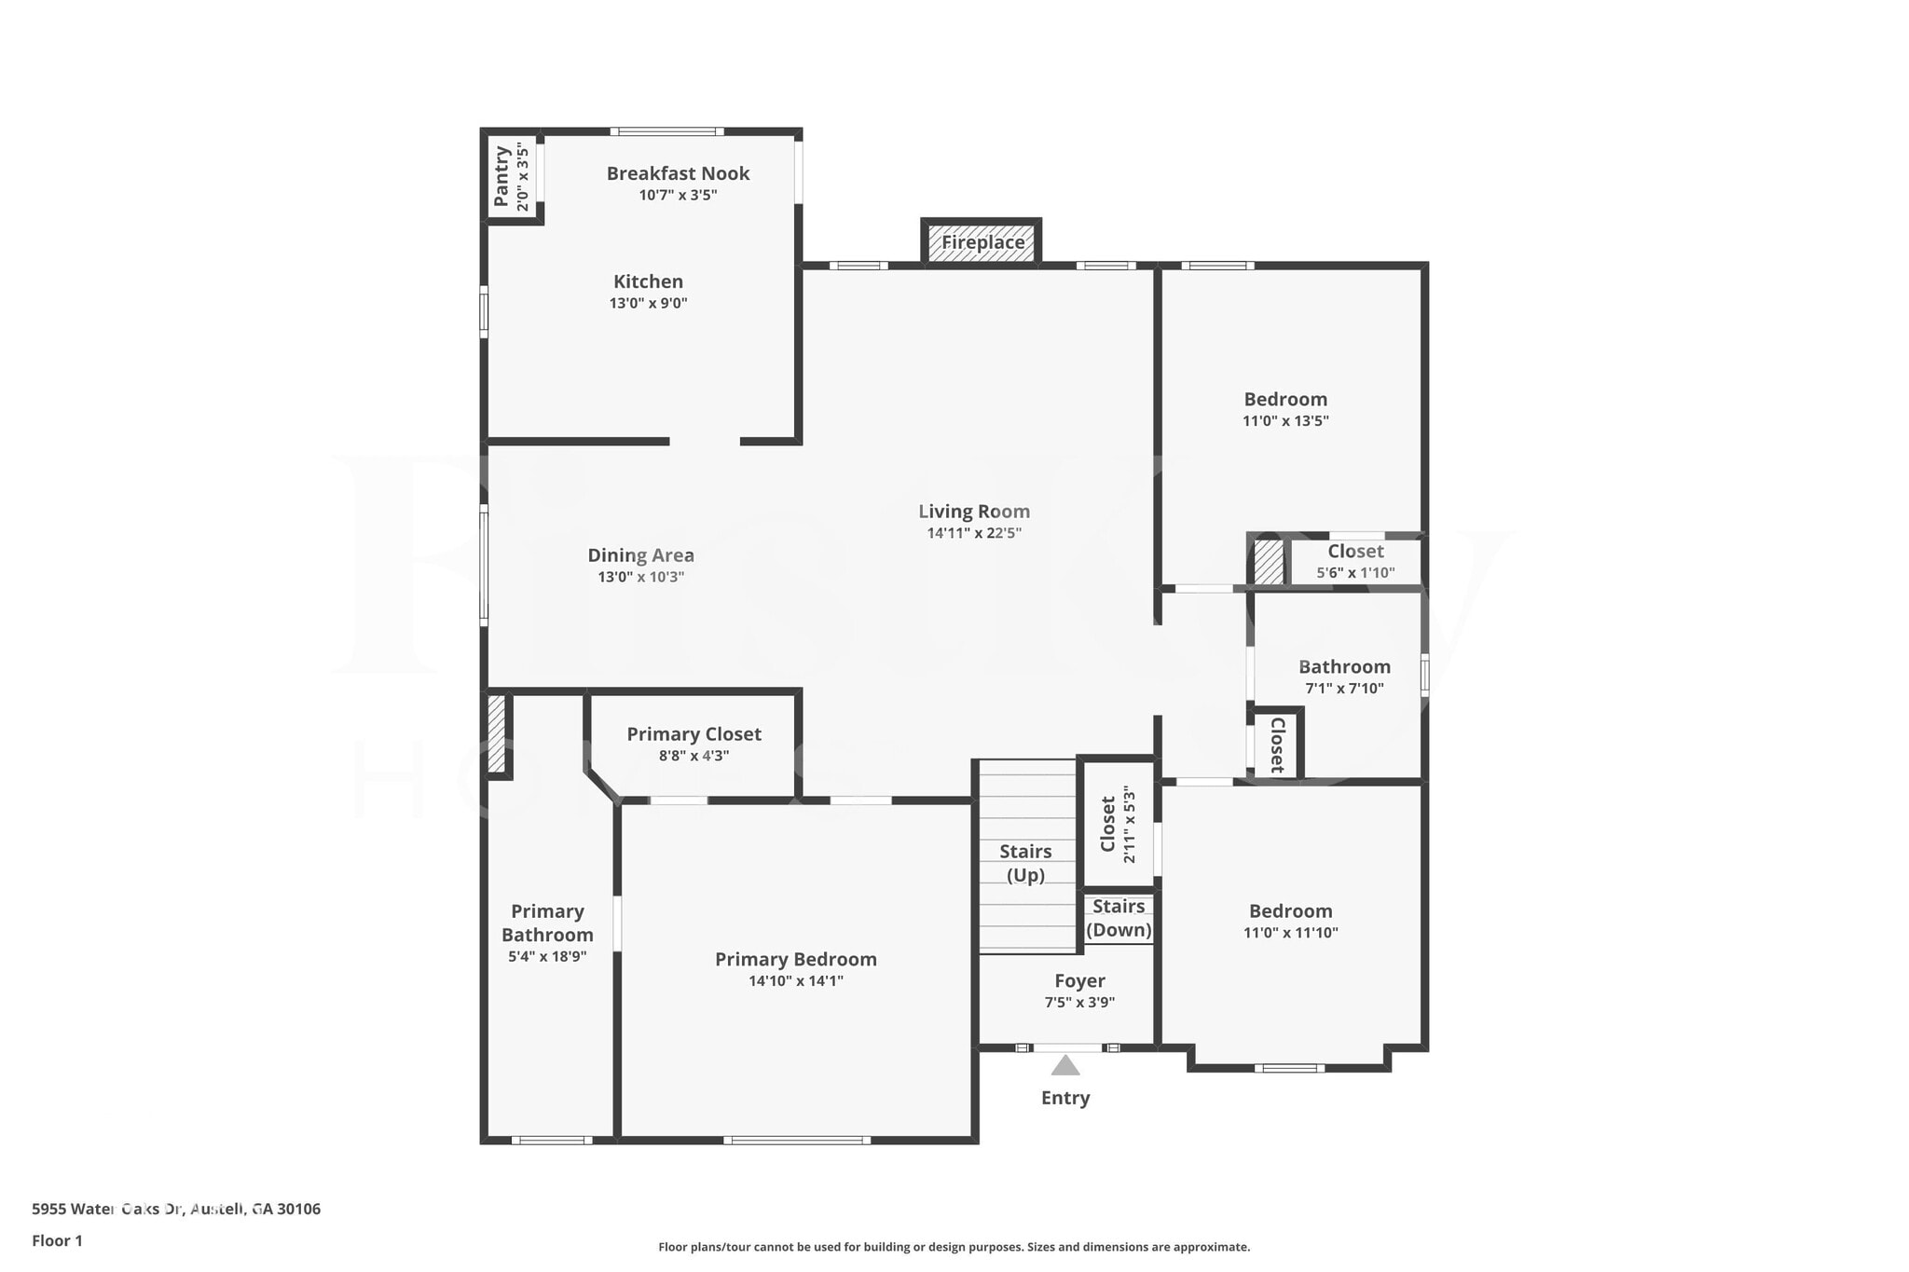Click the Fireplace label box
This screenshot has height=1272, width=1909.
click(982, 242)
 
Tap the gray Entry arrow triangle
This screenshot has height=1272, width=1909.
click(1064, 1065)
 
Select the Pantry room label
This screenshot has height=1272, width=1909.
click(501, 175)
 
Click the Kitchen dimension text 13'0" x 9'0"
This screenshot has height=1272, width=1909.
click(648, 303)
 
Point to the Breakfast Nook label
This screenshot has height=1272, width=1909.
click(678, 173)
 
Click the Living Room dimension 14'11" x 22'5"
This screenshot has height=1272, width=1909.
click(973, 533)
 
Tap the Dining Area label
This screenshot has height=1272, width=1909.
click(640, 555)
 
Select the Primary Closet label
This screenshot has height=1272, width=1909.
click(694, 734)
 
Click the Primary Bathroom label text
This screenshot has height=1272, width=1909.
click(547, 923)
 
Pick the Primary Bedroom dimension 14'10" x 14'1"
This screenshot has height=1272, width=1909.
click(795, 980)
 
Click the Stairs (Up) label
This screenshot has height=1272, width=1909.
click(1025, 863)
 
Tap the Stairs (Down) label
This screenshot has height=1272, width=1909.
click(1119, 918)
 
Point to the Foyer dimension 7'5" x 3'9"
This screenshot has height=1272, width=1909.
click(1079, 1003)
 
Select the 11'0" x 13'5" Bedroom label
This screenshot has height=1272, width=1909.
click(1285, 400)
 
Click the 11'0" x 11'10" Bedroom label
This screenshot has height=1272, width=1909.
click(1290, 911)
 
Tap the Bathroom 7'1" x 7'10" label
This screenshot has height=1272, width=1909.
click(1344, 667)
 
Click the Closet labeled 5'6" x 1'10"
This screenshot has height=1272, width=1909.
click(1355, 552)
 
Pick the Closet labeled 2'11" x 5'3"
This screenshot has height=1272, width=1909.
click(1108, 824)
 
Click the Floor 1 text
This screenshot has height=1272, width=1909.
click(57, 1240)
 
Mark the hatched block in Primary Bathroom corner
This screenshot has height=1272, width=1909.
click(496, 733)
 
